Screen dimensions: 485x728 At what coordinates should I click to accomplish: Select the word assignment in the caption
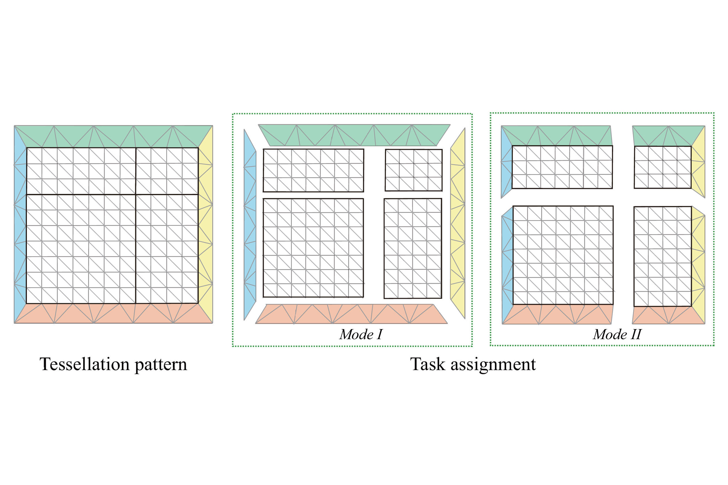point(493,365)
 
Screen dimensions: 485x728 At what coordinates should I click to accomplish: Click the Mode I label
point(361,334)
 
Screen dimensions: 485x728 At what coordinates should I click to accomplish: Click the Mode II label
point(617,334)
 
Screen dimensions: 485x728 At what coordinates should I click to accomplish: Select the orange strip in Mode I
point(351,314)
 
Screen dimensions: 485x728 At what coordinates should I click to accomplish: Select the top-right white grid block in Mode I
point(414,170)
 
